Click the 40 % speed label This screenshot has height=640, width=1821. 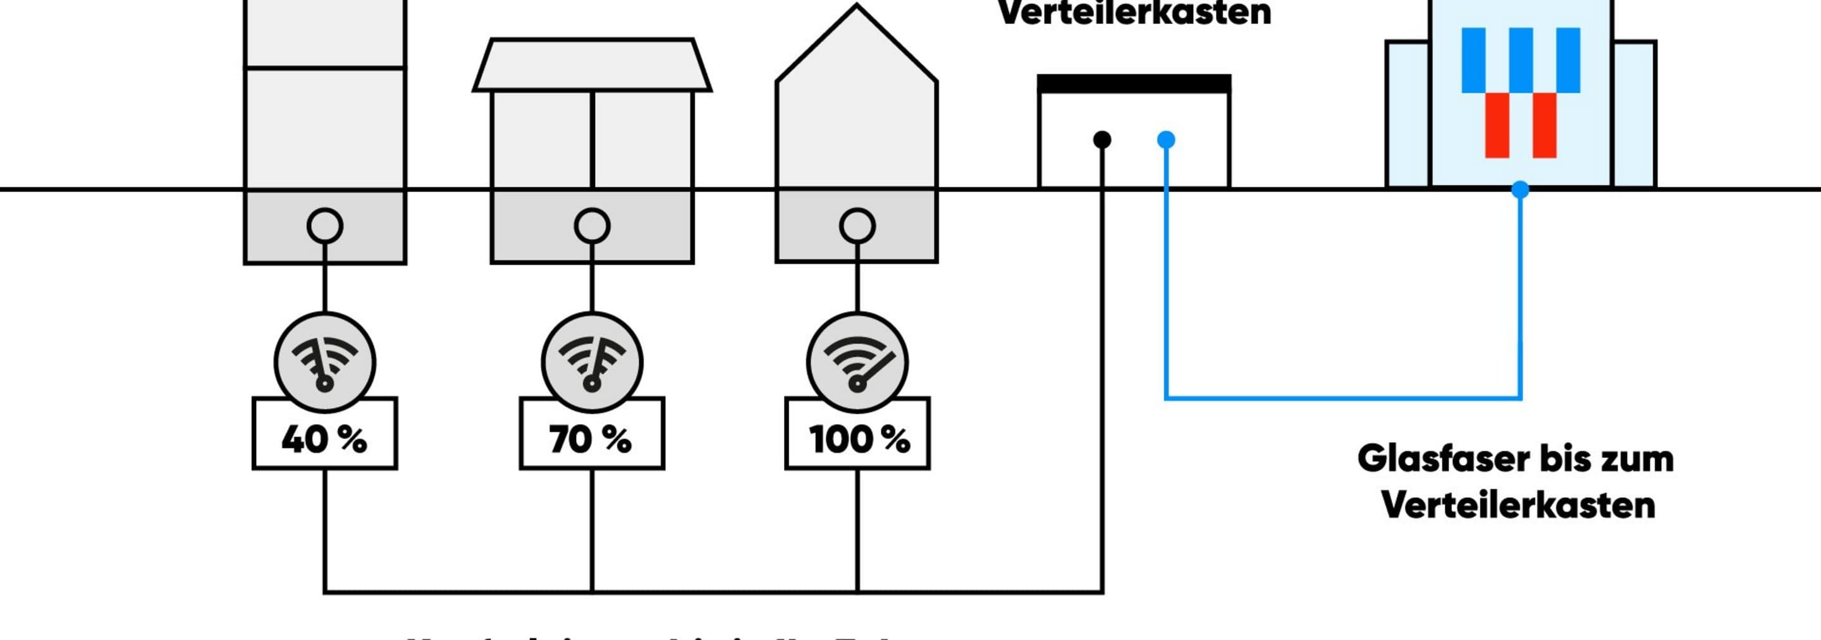point(324,439)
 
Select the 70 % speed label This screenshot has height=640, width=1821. point(592,439)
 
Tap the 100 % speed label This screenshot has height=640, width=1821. point(857,439)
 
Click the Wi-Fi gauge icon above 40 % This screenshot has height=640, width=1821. point(324,363)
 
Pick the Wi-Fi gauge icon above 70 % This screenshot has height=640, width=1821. point(592,363)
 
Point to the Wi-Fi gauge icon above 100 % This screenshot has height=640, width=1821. point(857,363)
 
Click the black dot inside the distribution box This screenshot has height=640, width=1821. point(1101,140)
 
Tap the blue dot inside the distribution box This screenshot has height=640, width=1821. point(1167,140)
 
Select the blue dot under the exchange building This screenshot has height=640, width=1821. point(1520,190)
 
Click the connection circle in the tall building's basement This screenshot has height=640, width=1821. point(324,226)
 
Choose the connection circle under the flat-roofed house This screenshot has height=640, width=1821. point(592,226)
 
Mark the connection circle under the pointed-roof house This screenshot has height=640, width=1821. point(857,226)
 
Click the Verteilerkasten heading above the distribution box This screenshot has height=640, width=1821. point(1134,13)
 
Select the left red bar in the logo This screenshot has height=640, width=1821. point(1497,125)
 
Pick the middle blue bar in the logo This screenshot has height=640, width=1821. point(1521,60)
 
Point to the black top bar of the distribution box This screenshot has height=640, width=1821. point(1134,84)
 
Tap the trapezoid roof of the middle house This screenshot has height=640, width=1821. point(592,65)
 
